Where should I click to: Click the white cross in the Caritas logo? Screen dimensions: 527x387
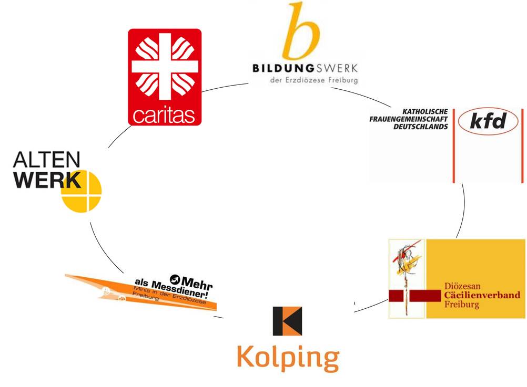[165, 66]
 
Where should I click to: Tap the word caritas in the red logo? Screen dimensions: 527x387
[164, 115]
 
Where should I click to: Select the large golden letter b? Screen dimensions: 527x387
[301, 31]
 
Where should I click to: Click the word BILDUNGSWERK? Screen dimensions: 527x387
[305, 68]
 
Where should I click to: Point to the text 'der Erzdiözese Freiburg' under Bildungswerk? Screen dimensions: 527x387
[314, 80]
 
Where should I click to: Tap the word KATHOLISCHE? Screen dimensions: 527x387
[425, 112]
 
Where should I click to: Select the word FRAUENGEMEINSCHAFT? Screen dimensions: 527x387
[409, 119]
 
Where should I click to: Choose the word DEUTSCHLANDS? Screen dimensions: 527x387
[421, 127]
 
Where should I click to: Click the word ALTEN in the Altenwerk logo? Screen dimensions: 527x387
[47, 160]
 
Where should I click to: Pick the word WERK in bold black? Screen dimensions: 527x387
[47, 180]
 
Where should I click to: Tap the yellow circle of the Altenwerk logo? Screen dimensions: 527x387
[82, 192]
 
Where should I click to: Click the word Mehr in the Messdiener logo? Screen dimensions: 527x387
[197, 284]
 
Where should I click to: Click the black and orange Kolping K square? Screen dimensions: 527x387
[287, 321]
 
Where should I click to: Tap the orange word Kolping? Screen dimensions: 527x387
[288, 358]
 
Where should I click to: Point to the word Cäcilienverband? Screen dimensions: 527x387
[482, 295]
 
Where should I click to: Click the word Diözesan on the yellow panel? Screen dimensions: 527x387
[462, 286]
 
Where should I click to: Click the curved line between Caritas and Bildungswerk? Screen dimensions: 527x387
[225, 87]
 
